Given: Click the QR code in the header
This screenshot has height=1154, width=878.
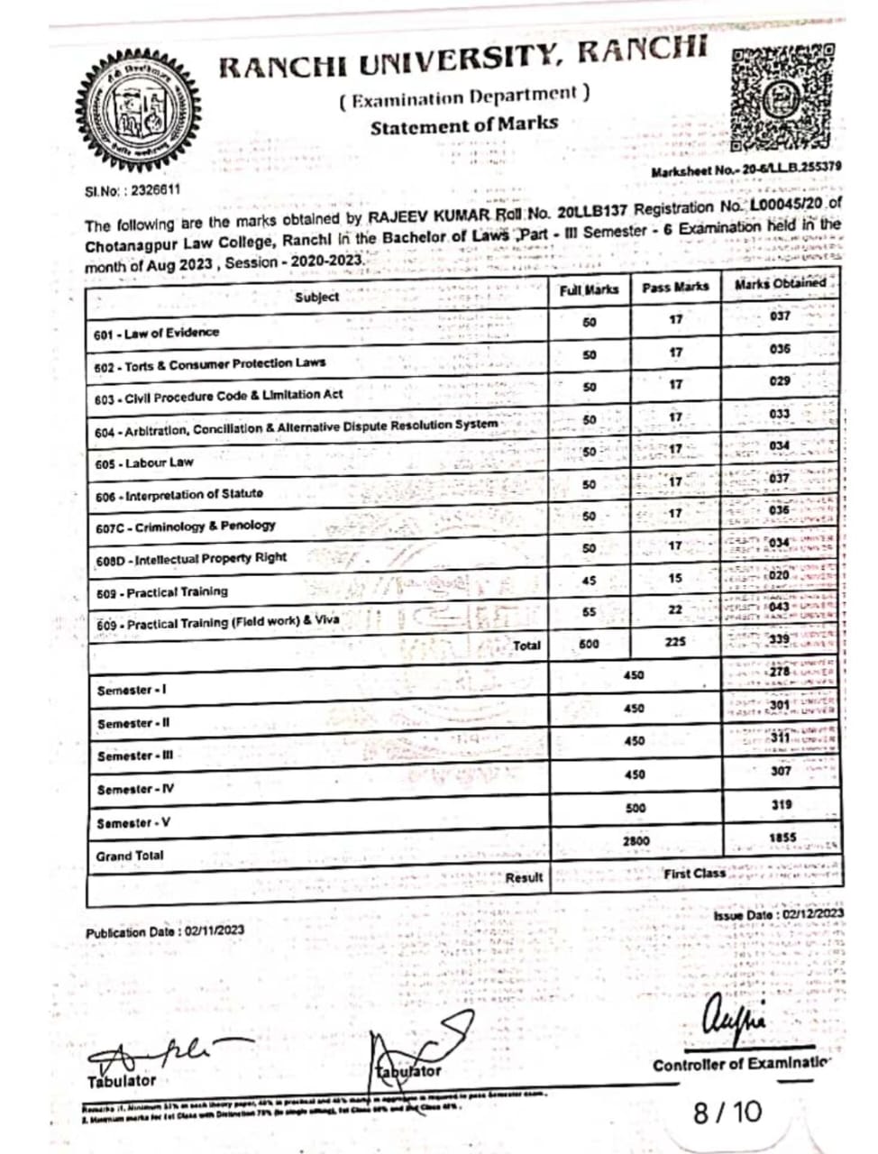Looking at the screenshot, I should click(x=781, y=97).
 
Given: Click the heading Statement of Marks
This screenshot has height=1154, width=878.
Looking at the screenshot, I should click(x=463, y=125).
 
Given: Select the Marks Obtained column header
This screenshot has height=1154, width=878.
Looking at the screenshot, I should click(x=780, y=284).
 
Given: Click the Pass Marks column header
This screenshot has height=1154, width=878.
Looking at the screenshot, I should click(x=675, y=288).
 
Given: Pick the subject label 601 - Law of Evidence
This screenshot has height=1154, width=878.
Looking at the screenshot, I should click(x=156, y=334).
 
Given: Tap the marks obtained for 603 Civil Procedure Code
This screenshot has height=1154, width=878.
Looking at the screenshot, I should click(x=780, y=381).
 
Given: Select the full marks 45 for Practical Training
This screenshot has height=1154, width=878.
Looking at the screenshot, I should click(x=589, y=581).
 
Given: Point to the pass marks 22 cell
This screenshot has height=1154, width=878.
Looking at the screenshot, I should click(x=675, y=610).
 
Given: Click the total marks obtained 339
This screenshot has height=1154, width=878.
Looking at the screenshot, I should click(x=780, y=639).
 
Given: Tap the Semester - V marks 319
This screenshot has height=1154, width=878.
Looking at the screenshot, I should click(x=782, y=804).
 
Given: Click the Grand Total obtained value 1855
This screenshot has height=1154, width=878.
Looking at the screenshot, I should click(x=782, y=838).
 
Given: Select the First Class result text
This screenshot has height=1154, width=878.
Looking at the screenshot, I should click(x=694, y=874).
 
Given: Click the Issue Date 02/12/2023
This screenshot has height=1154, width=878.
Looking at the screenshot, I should click(x=779, y=914).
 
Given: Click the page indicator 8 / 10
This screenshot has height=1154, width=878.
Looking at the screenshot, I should click(x=727, y=1112).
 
